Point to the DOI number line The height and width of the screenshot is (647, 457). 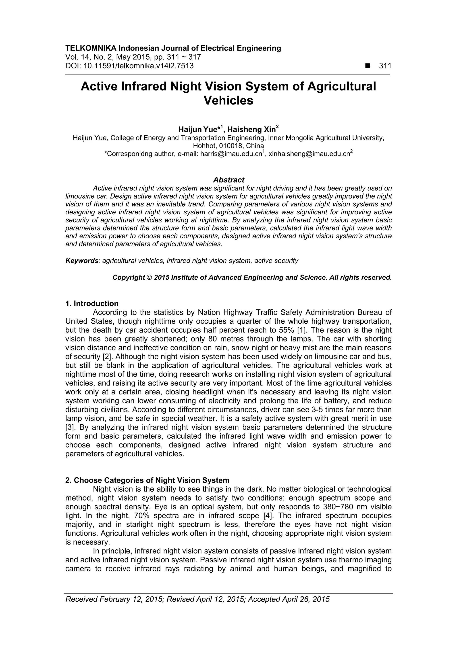129,66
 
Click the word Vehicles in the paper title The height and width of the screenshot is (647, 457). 228,101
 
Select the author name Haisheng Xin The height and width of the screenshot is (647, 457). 253,129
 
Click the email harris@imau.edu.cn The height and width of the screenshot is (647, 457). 231,154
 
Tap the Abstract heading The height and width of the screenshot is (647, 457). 229,180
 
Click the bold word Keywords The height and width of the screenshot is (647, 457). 82,261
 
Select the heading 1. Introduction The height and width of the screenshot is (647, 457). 92,304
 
